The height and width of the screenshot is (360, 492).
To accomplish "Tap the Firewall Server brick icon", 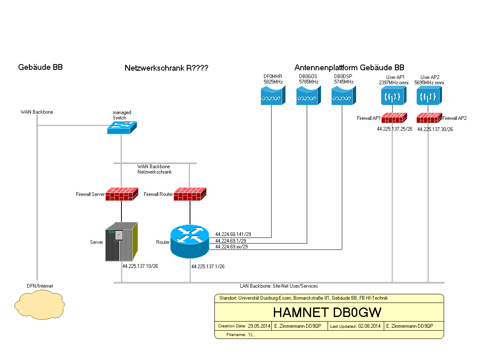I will tap(121, 194).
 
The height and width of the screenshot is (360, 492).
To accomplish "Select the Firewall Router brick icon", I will tap(190, 194).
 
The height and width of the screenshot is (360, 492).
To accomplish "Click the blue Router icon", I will tap(190, 241).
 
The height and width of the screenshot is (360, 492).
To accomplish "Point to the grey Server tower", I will tap(121, 242).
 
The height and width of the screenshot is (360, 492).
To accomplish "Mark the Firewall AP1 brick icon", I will tap(392, 118).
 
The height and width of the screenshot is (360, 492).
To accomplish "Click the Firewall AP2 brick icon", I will tap(428, 118).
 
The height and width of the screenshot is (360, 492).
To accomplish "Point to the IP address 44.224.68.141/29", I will tap(233, 234).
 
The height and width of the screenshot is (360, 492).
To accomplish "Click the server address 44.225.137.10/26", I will tap(140, 266).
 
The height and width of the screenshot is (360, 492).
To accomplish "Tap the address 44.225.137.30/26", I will tap(435, 129).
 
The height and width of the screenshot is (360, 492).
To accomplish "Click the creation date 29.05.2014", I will tap(259, 326).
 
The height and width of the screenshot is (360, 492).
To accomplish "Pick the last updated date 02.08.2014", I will tap(369, 326).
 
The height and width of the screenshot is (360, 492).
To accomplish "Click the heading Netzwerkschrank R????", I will tap(166, 68).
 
